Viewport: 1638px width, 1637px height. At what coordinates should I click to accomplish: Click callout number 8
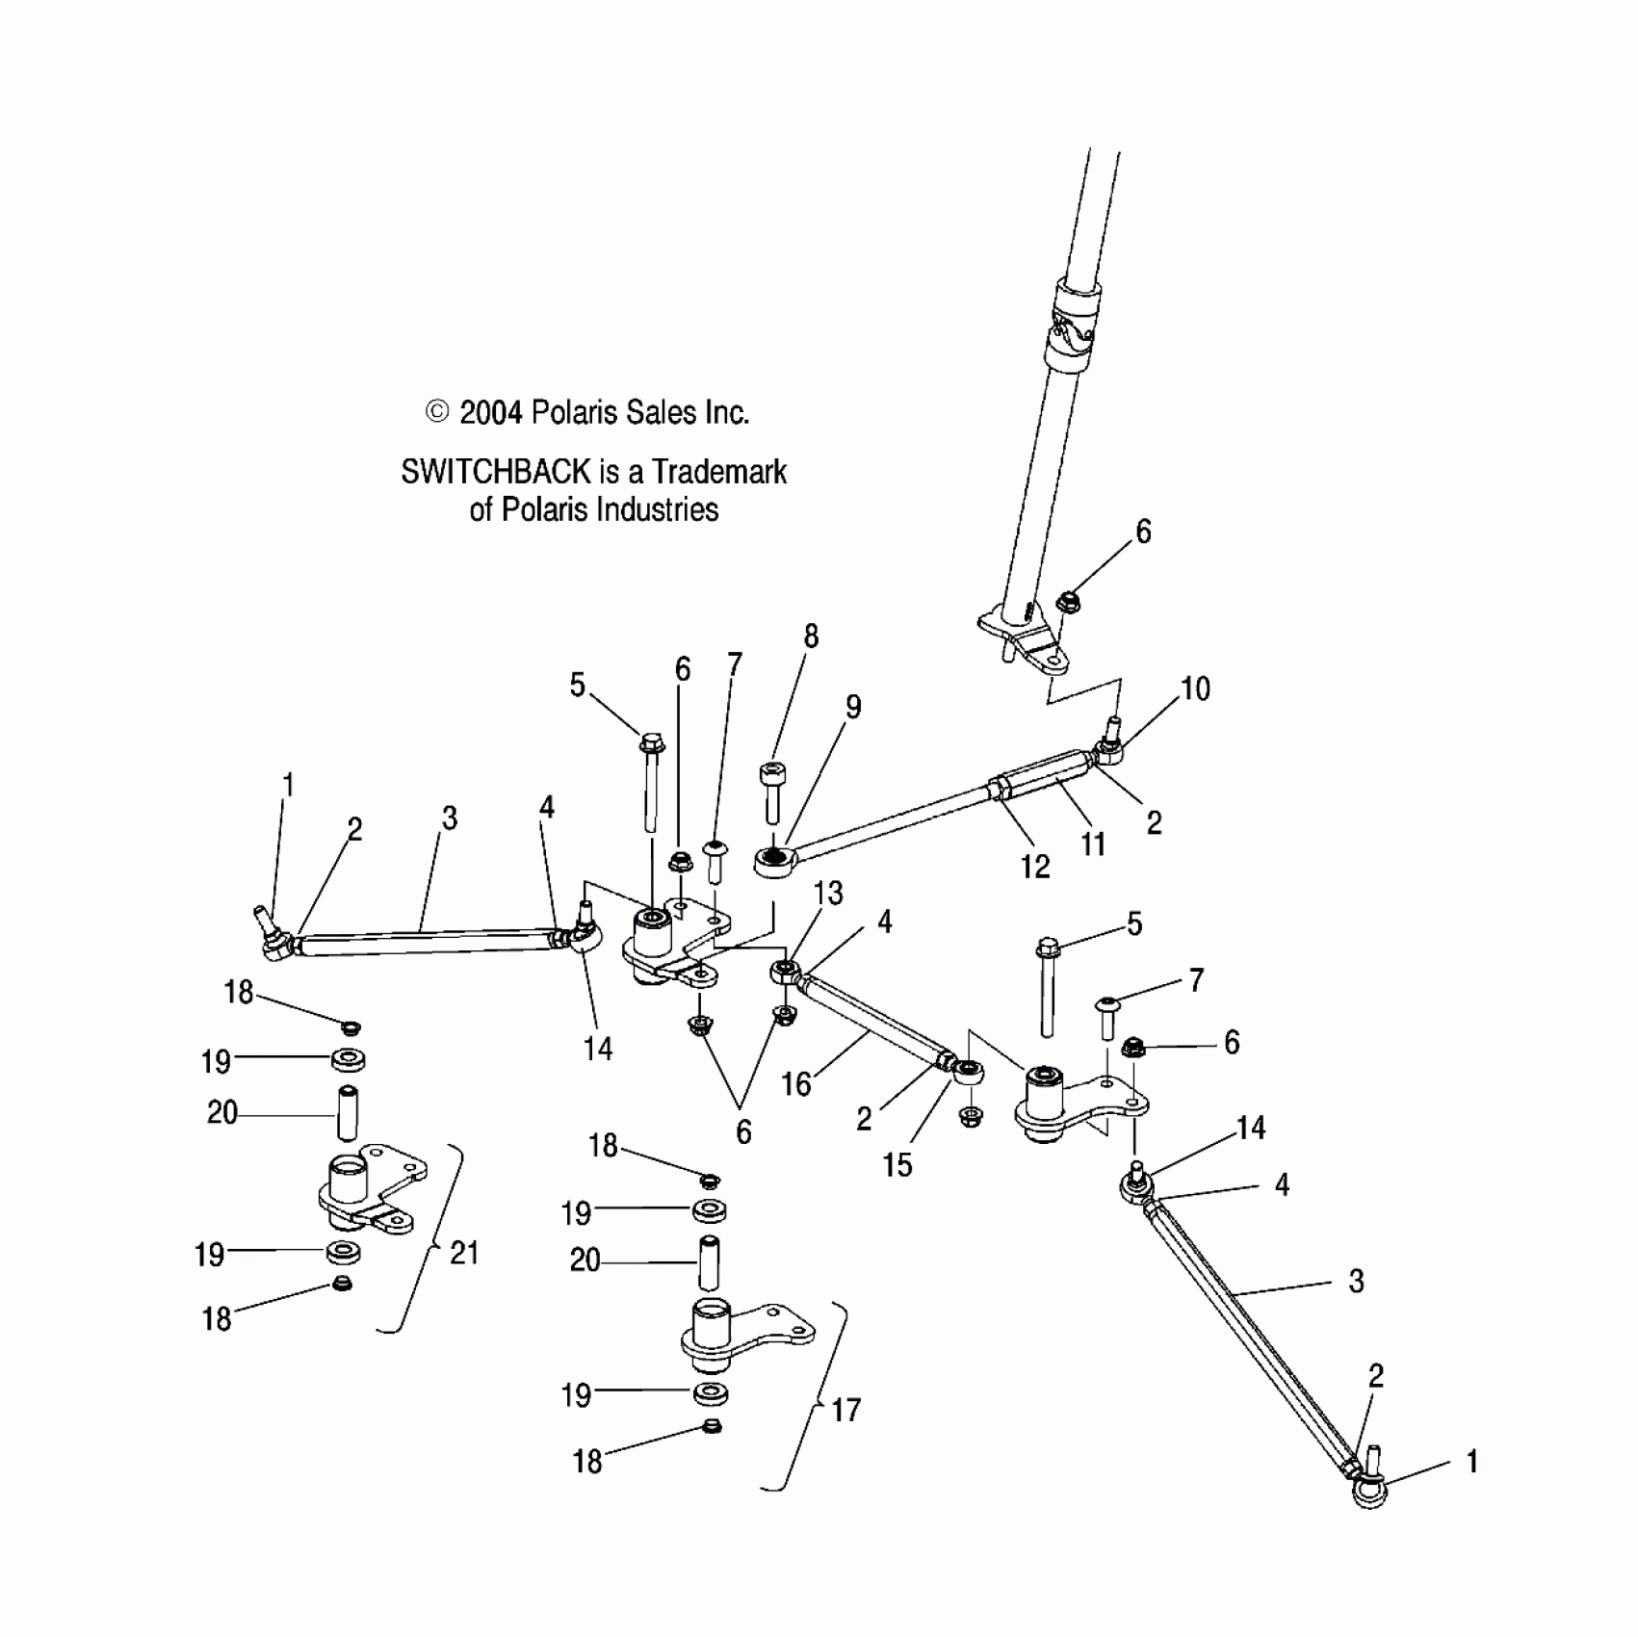coord(811,637)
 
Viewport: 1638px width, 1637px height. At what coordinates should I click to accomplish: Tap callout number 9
coord(853,707)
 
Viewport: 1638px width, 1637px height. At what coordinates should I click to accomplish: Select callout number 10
coord(1195,689)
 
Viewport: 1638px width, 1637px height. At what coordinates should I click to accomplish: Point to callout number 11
coord(1093,844)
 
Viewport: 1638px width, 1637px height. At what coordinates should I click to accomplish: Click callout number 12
coord(1035,867)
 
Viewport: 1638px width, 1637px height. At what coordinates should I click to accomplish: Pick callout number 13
coord(828,894)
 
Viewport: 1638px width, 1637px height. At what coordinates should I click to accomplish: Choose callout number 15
coord(897,1165)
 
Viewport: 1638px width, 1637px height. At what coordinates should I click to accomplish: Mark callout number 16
coord(795,1085)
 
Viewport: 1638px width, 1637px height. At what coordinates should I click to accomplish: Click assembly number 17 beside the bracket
coord(845,1411)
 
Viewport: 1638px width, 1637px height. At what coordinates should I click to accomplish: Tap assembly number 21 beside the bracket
coord(464,1253)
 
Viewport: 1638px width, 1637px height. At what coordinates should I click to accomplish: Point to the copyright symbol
coord(437,413)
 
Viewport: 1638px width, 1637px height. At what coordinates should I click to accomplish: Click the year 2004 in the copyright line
coord(490,413)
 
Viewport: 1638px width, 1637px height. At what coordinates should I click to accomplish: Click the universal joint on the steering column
coord(1070,332)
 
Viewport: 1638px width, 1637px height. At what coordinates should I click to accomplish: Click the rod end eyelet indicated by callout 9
coord(773,859)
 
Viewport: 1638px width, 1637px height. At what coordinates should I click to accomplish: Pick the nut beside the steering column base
coord(1066,603)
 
